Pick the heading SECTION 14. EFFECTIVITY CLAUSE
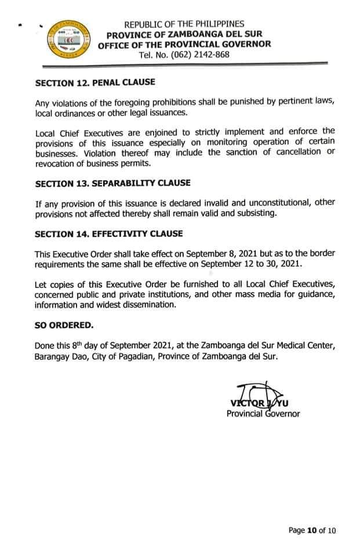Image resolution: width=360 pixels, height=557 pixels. pyautogui.click(x=108, y=234)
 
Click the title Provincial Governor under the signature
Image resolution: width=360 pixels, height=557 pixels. pyautogui.click(x=263, y=414)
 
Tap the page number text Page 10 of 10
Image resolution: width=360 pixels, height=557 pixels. pyautogui.click(x=312, y=530)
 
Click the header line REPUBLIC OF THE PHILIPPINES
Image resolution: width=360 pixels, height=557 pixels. pyautogui.click(x=184, y=24)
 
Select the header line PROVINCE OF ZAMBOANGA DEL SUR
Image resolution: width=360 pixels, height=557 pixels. pyautogui.click(x=184, y=34)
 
